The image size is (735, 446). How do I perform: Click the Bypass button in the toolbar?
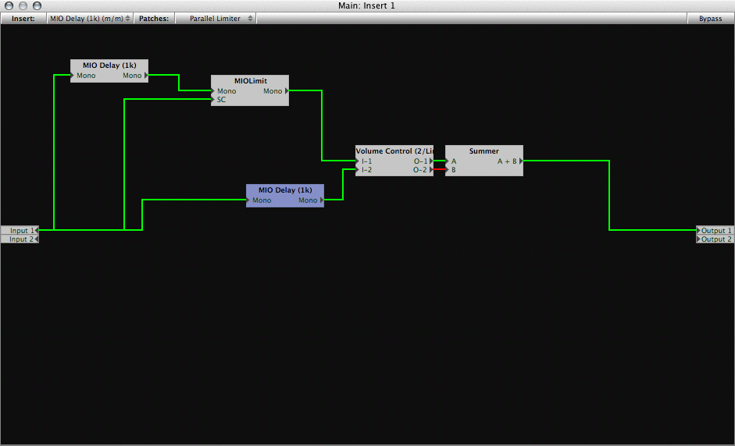click(710, 18)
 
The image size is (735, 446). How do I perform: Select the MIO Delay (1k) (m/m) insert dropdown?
click(90, 18)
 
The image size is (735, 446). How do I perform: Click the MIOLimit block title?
click(250, 81)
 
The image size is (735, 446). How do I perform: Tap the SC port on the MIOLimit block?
click(221, 100)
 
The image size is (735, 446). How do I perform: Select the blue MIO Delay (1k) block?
click(285, 196)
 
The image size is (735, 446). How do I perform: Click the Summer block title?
click(483, 151)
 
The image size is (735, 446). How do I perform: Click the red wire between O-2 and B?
click(439, 169)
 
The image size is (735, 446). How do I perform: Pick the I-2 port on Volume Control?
click(366, 170)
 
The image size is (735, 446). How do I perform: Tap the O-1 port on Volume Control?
click(422, 161)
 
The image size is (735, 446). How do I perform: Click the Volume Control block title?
click(394, 151)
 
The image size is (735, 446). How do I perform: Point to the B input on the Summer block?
click(451, 170)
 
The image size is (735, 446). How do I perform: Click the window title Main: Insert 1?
click(366, 5)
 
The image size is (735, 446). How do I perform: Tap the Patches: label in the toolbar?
click(154, 18)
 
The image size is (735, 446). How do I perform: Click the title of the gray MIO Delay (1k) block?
click(109, 65)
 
